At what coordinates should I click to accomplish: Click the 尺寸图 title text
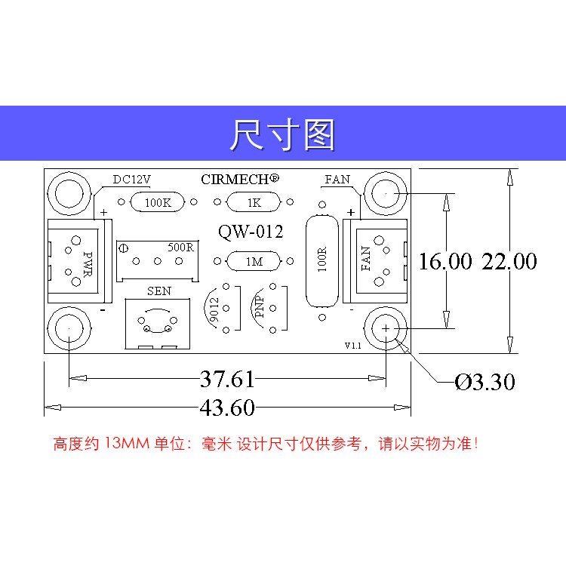[x=282, y=135]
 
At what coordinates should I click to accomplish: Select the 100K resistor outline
[x=157, y=202]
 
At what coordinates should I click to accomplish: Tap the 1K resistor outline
[x=253, y=202]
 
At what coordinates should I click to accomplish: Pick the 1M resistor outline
[x=253, y=261]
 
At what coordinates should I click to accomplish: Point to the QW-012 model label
[x=251, y=232]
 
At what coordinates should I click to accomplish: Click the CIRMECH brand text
[x=240, y=179]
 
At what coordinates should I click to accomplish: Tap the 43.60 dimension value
[x=227, y=408]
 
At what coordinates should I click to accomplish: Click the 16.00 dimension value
[x=445, y=262]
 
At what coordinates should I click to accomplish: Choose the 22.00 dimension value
[x=509, y=262]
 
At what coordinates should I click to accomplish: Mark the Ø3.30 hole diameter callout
[x=485, y=383]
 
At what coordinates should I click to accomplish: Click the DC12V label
[x=132, y=180]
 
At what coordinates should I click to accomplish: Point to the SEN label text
[x=158, y=291]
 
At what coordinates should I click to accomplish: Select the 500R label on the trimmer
[x=181, y=247]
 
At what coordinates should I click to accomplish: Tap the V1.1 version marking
[x=353, y=346]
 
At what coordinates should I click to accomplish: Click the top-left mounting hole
[x=69, y=194]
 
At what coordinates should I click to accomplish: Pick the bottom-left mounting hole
[x=69, y=330]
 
